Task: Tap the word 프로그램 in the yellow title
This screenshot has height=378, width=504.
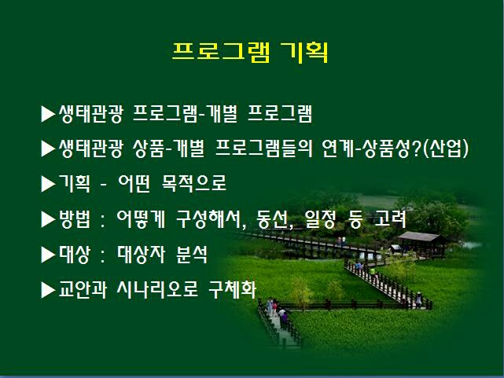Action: point(221,52)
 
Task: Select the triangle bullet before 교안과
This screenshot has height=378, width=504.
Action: point(48,290)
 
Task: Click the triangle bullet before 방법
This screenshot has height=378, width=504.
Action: point(48,220)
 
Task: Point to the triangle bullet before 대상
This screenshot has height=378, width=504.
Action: point(48,255)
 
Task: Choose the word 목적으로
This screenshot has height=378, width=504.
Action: point(194,183)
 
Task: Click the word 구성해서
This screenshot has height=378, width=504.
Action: point(208,219)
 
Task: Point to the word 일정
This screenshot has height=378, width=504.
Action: point(320,219)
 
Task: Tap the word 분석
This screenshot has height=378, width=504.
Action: point(192,255)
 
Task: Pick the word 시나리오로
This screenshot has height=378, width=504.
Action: point(157,289)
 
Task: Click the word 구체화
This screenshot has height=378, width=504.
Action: point(233,289)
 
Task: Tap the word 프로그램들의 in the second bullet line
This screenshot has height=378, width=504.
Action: point(263,149)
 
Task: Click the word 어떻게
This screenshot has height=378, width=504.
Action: point(141,219)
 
